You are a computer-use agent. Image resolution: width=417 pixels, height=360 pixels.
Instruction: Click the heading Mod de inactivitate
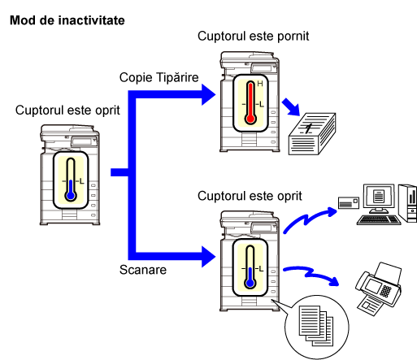(67, 20)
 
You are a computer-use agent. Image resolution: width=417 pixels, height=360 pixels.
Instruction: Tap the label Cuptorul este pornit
(253, 37)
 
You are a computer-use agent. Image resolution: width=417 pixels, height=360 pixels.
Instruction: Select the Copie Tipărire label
(159, 77)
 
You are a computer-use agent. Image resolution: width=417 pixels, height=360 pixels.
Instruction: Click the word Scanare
(143, 270)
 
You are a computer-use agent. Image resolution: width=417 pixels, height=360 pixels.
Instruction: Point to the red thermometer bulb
(250, 119)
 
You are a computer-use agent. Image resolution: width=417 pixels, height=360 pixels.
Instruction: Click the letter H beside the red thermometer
(260, 84)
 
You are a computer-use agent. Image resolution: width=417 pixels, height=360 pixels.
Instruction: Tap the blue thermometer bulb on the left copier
(71, 195)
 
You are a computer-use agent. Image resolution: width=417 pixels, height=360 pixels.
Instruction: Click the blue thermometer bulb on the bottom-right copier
(250, 283)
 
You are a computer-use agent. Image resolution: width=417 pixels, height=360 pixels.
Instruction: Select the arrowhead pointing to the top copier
(209, 94)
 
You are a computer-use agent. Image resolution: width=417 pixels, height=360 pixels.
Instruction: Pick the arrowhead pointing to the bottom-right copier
(209, 257)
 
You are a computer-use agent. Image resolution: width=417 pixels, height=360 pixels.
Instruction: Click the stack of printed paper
(312, 134)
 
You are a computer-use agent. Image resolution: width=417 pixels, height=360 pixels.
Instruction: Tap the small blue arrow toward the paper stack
(291, 107)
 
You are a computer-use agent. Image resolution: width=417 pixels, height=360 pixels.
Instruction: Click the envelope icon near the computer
(349, 203)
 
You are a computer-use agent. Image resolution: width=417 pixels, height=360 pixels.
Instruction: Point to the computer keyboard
(379, 220)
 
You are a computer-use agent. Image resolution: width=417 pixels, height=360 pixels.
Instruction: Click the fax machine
(378, 288)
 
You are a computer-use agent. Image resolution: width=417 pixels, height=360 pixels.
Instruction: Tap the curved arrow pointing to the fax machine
(311, 275)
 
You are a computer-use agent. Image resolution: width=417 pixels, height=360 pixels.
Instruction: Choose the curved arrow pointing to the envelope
(311, 219)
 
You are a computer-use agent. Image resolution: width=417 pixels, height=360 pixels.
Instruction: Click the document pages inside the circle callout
(316, 326)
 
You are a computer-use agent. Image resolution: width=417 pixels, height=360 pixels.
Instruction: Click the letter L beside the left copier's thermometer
(81, 181)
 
